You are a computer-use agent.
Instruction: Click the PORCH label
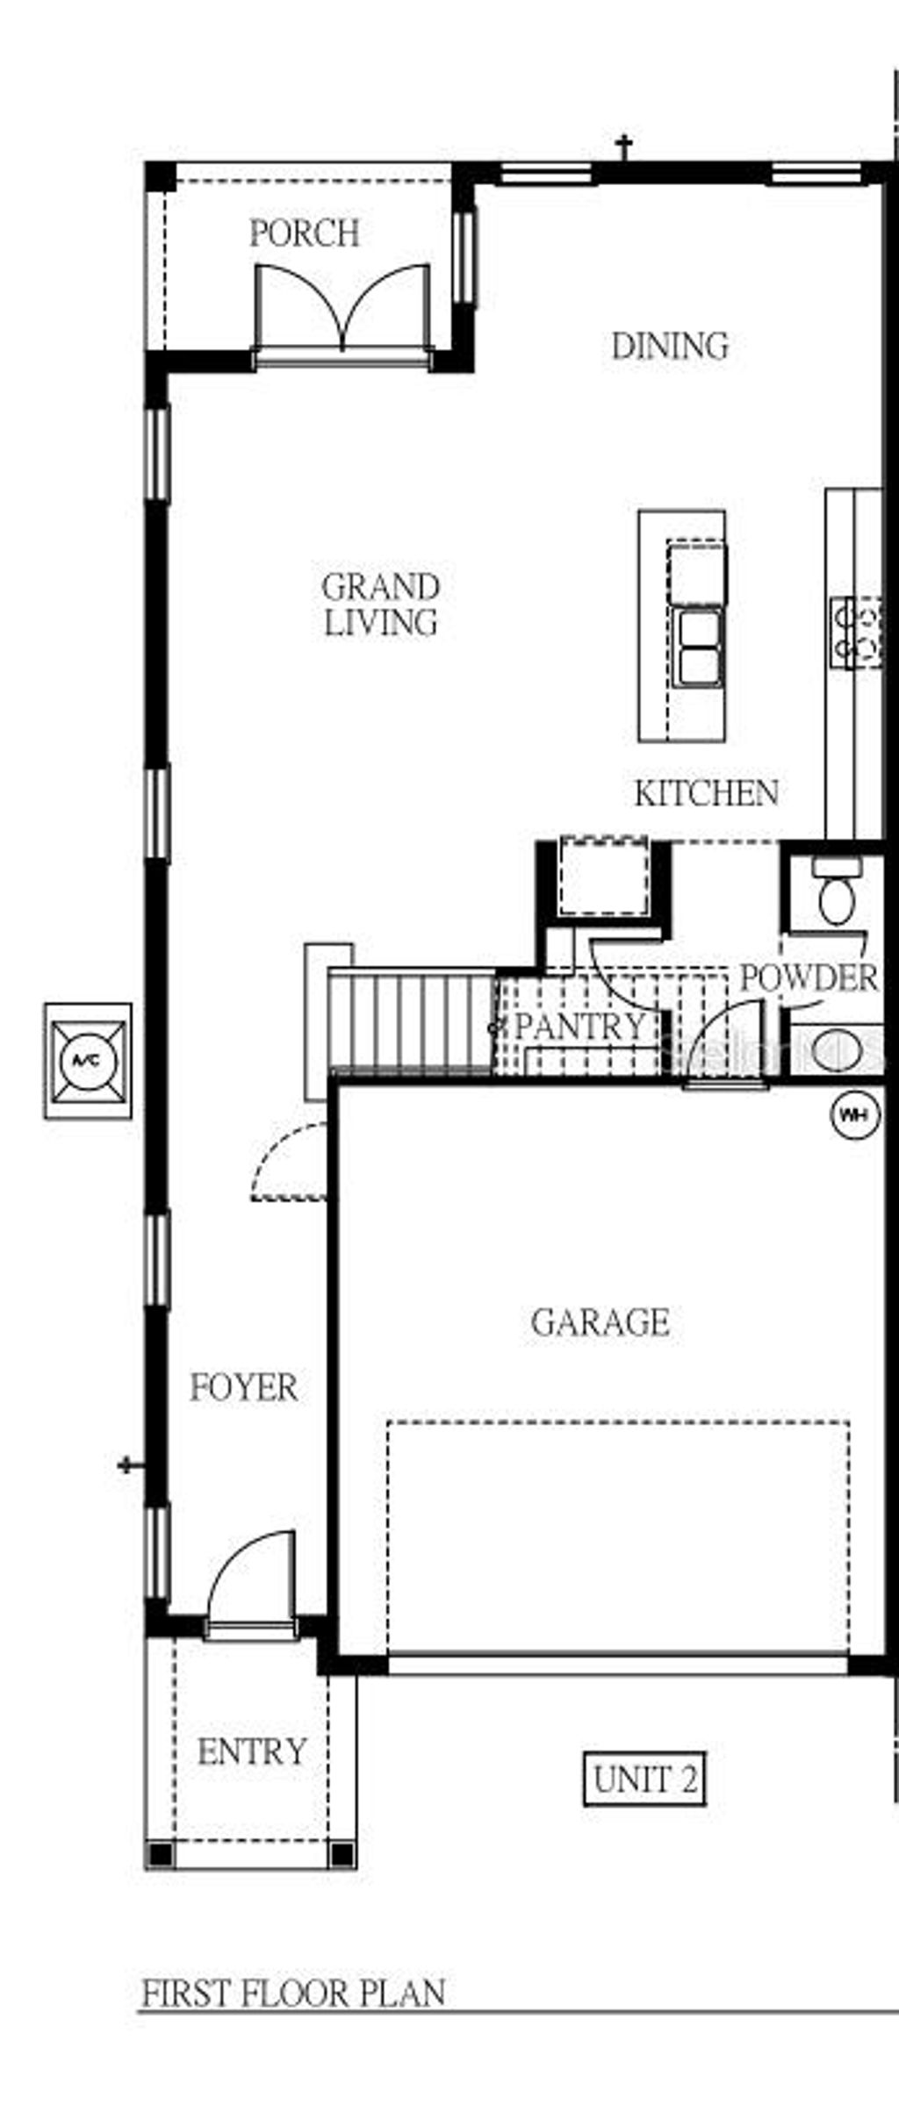click(305, 233)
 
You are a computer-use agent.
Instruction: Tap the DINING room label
click(670, 346)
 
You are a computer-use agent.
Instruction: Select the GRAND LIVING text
click(380, 605)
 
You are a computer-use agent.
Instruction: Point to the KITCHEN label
click(706, 793)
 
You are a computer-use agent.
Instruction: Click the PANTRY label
click(579, 1026)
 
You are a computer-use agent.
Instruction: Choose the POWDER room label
click(809, 977)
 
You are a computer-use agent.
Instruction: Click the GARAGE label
click(601, 1322)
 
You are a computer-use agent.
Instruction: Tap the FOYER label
click(244, 1387)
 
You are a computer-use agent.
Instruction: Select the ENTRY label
click(252, 1751)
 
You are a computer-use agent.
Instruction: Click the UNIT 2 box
click(644, 1779)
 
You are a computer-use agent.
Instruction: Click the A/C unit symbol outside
click(88, 1061)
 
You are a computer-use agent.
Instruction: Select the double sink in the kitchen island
click(699, 648)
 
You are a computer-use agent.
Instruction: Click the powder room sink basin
click(834, 1049)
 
